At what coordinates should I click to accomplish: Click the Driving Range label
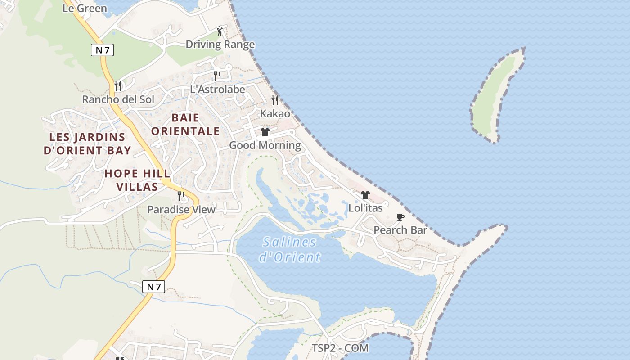tap(220, 45)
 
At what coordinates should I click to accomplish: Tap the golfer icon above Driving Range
tap(220, 31)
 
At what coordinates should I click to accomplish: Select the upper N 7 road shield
tap(102, 49)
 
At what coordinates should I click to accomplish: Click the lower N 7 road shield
tap(153, 286)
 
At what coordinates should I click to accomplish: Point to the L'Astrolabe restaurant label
tap(217, 89)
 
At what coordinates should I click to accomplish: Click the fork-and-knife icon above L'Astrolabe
tap(217, 76)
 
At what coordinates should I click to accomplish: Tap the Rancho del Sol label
tap(118, 99)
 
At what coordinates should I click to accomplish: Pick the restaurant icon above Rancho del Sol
tap(118, 85)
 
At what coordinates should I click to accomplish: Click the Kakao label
tap(275, 114)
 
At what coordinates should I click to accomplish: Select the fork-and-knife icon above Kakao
tap(275, 100)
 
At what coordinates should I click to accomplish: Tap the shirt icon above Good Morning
tap(265, 132)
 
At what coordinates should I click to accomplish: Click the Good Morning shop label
tap(265, 145)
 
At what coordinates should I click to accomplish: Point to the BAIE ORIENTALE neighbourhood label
tap(185, 125)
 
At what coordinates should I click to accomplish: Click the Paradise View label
tap(181, 210)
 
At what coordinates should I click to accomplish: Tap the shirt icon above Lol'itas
tap(365, 195)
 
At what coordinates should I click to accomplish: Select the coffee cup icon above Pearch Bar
tap(400, 217)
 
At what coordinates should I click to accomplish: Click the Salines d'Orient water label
tap(290, 249)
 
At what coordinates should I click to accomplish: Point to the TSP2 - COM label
tap(340, 348)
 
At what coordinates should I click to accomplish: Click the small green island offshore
tap(495, 97)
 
